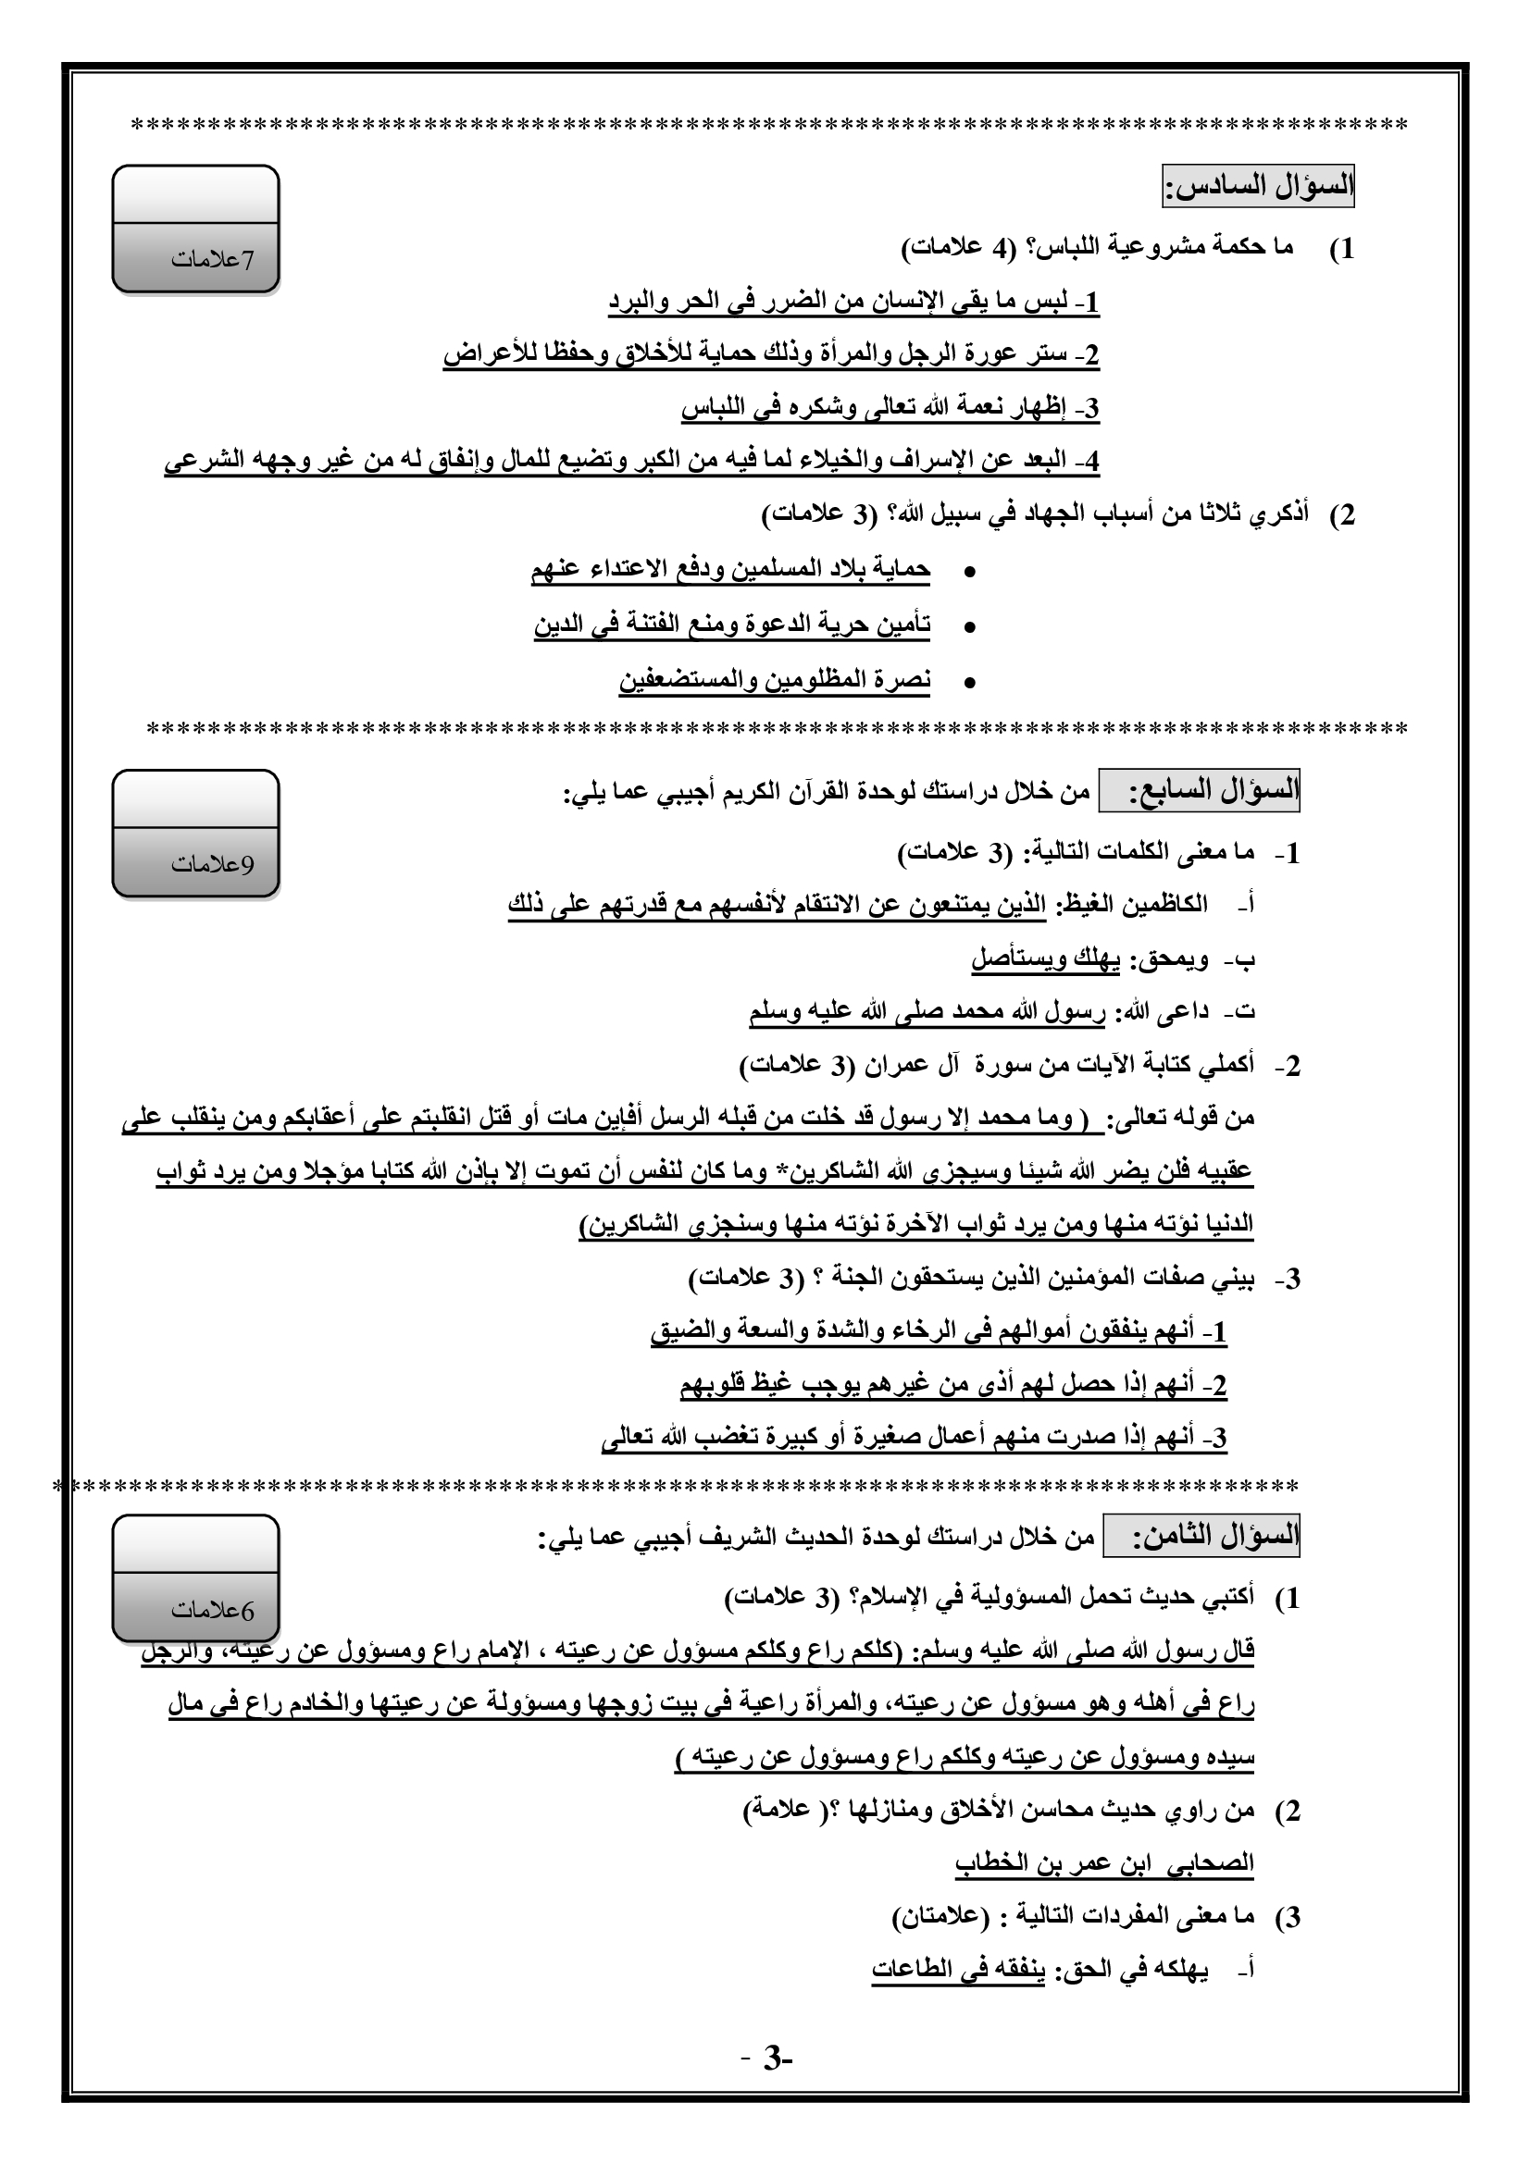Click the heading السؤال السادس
pyautogui.click(x=1258, y=186)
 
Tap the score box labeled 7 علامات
pyautogui.click(x=195, y=229)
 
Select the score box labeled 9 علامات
pyautogui.click(x=195, y=834)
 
